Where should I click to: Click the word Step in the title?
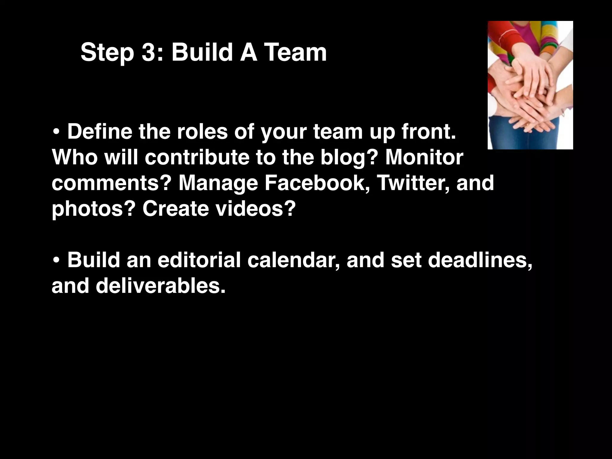107,53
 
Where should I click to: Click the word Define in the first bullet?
100,131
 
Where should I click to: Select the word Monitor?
424,157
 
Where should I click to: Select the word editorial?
199,260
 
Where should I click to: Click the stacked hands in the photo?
530,96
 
